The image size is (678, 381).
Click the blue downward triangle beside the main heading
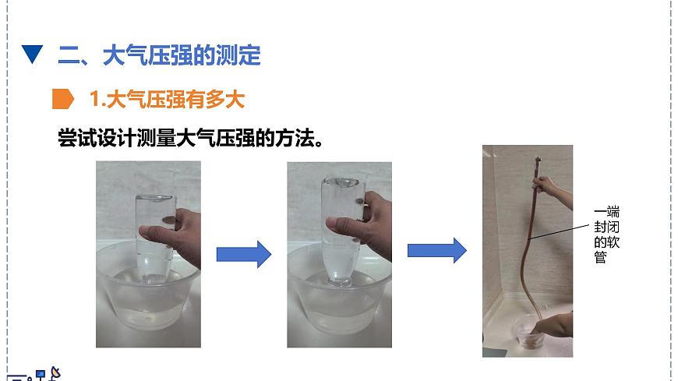(x=32, y=55)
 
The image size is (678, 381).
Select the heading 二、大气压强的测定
(x=159, y=55)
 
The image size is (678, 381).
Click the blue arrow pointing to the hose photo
(x=436, y=251)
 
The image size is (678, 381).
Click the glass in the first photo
(x=153, y=234)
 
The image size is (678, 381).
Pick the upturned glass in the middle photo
(x=341, y=230)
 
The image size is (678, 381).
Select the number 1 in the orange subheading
(x=95, y=99)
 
